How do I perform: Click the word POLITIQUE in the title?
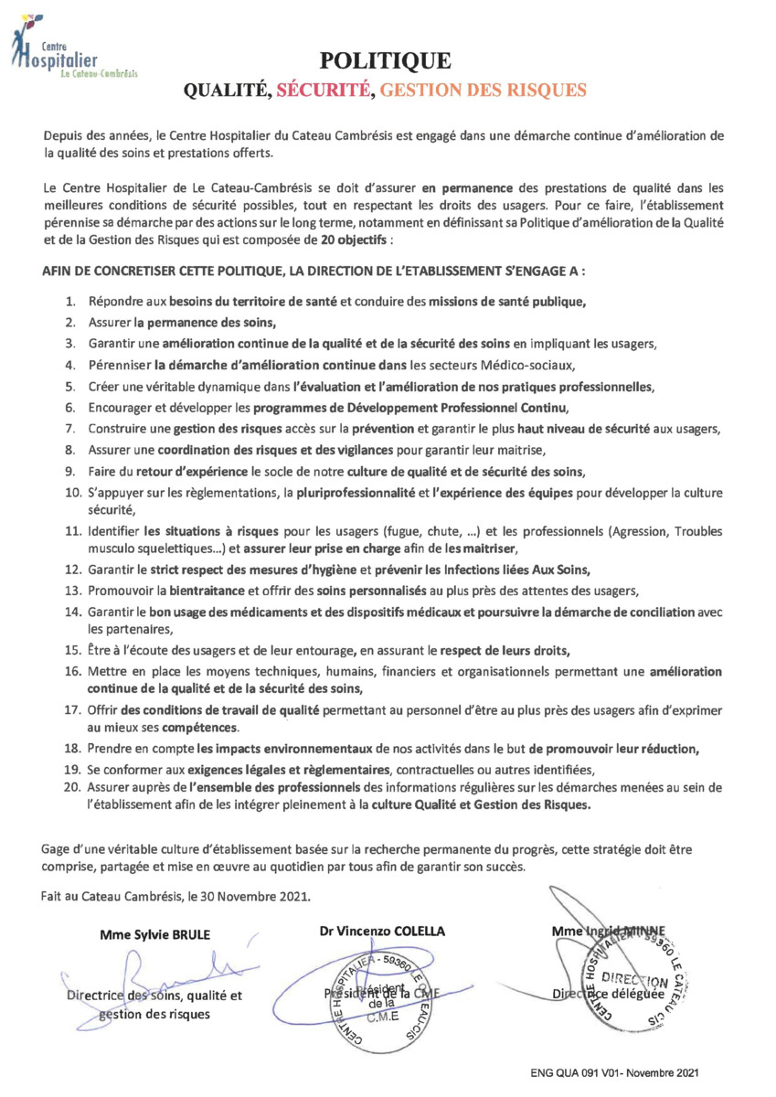(385, 61)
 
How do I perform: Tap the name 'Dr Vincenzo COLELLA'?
(382, 930)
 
